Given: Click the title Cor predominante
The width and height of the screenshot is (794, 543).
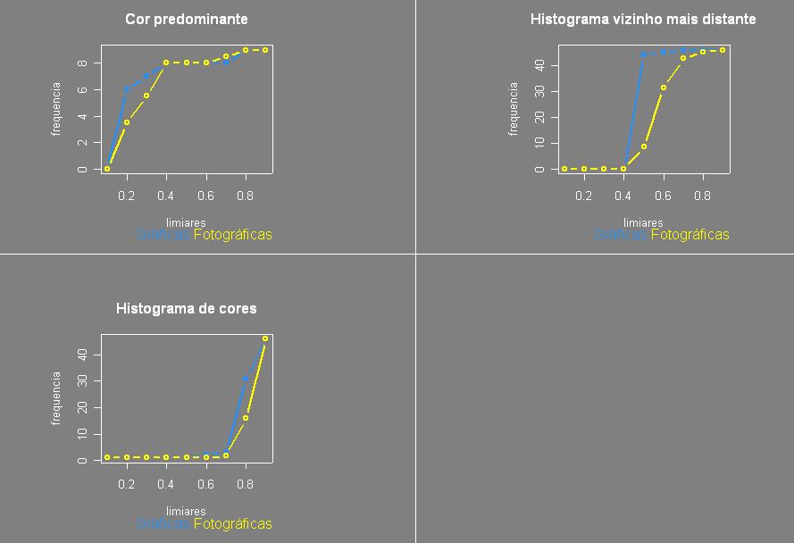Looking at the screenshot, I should [x=187, y=19].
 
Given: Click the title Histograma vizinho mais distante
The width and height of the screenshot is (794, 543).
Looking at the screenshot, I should [x=643, y=19].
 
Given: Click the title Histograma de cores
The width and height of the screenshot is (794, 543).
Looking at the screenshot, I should [x=187, y=308].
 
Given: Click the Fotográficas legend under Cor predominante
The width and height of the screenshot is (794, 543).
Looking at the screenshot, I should [x=232, y=235].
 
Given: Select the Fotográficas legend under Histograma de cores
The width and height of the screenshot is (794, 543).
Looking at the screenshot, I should [x=232, y=524].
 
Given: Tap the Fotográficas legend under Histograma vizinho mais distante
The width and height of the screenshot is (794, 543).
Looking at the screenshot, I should [x=690, y=235].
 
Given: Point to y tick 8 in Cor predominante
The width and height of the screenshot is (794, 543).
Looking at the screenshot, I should [x=82, y=63].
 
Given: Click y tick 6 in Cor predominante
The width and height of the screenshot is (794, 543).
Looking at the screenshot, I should [x=82, y=90].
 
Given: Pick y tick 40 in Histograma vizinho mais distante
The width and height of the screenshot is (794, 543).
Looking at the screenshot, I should [x=539, y=65].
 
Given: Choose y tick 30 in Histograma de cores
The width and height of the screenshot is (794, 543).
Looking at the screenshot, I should [x=82, y=381].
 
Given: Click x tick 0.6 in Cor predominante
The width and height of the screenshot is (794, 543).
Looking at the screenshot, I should [x=206, y=196].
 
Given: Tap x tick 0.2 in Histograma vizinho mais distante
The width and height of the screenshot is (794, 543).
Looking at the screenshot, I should [x=584, y=196].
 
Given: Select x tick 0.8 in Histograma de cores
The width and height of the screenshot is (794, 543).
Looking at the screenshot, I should [x=246, y=485].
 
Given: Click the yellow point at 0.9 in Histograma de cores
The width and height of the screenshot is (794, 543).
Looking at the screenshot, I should [x=265, y=338].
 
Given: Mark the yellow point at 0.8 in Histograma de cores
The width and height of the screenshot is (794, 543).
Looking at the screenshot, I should [x=246, y=418].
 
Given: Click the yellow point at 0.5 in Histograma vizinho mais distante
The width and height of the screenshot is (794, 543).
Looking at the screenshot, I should [x=644, y=146].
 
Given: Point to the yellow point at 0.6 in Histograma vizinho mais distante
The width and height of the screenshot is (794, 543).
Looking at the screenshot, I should [x=664, y=88].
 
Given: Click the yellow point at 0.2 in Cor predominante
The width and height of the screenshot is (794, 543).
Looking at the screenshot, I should [x=127, y=122].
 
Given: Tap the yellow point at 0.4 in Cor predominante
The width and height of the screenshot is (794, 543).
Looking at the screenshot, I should [x=166, y=63].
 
